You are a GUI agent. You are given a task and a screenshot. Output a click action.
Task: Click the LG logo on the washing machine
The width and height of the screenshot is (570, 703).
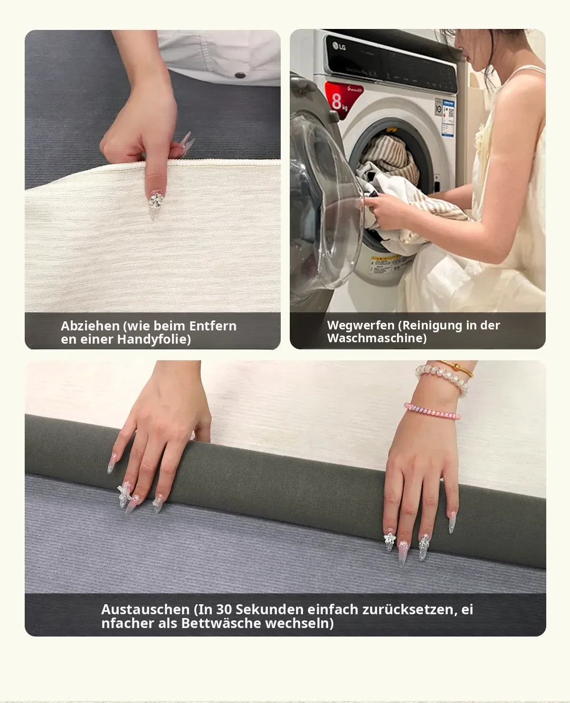[339, 46]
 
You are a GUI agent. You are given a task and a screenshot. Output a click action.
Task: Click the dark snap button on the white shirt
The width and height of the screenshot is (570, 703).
[240, 75]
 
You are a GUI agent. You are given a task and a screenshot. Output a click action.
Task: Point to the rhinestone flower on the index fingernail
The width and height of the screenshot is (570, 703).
[156, 200]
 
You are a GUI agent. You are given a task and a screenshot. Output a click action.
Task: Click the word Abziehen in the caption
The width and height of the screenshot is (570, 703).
[90, 326]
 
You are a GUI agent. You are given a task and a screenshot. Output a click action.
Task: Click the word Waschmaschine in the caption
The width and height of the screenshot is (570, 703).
[377, 338]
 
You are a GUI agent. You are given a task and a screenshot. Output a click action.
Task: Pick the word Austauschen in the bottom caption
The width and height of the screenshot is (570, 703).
[145, 609]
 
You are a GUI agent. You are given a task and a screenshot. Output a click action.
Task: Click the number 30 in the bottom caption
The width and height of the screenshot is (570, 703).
[224, 609]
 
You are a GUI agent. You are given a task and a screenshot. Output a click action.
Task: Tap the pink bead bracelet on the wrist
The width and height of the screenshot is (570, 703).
[432, 411]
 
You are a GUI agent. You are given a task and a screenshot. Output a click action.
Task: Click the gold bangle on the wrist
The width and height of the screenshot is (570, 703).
[457, 367]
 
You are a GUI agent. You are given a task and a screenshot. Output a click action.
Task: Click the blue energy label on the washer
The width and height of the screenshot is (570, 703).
[448, 117]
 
